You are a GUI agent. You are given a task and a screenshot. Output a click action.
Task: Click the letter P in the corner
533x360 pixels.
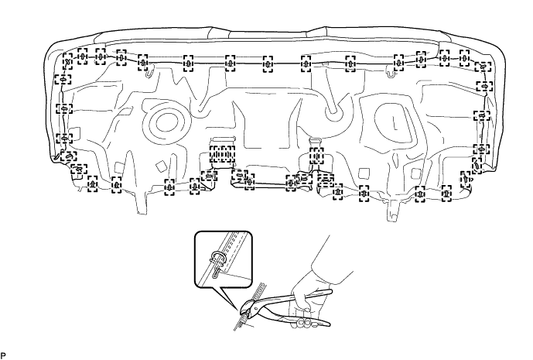(x=4, y=354)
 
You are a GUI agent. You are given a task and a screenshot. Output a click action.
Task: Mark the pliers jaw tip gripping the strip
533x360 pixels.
(x=244, y=310)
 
